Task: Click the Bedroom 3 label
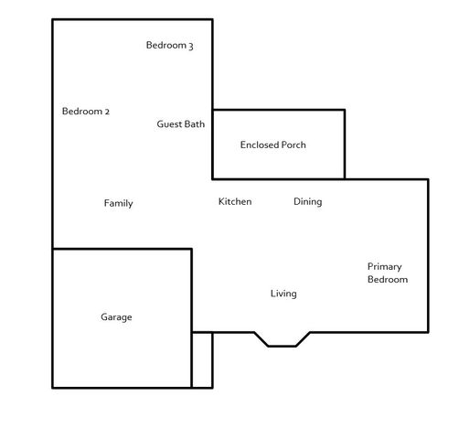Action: pyautogui.click(x=169, y=45)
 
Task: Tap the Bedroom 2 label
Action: pyautogui.click(x=86, y=112)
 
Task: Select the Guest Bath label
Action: pyautogui.click(x=180, y=124)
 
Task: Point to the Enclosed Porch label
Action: pyautogui.click(x=272, y=145)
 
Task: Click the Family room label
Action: pyautogui.click(x=118, y=203)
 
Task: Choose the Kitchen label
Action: pyautogui.click(x=234, y=201)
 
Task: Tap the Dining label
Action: pyautogui.click(x=307, y=201)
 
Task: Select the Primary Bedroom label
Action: pyautogui.click(x=387, y=273)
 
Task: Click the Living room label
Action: pyautogui.click(x=283, y=294)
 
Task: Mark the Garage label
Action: pyautogui.click(x=116, y=317)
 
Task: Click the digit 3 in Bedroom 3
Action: pyautogui.click(x=190, y=46)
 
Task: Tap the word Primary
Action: pyautogui.click(x=385, y=266)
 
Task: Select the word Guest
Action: pyautogui.click(x=169, y=124)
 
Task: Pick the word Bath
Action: pyautogui.click(x=195, y=124)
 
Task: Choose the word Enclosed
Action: pyautogui.click(x=258, y=145)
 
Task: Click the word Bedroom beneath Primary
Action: pyautogui.click(x=388, y=279)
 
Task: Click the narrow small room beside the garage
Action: pyautogui.click(x=202, y=359)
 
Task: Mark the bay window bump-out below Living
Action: pyautogui.click(x=282, y=339)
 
